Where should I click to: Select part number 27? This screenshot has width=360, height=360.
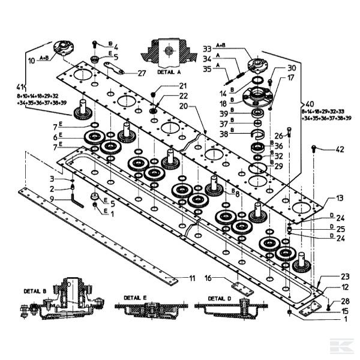(x=141, y=73)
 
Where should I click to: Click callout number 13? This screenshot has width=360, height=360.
(x=339, y=198)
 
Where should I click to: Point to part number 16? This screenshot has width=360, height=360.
(x=208, y=278)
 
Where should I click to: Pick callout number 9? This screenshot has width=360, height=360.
(x=53, y=199)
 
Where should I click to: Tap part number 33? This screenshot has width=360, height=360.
(x=208, y=47)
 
